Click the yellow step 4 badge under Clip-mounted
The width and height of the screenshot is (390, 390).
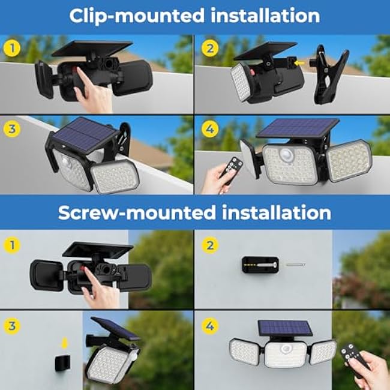click(x=209, y=128)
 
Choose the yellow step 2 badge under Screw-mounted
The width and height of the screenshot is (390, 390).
click(x=209, y=244)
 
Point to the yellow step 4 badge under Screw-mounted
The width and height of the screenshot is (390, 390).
click(x=209, y=325)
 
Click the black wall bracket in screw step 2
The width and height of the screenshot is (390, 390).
click(x=259, y=264)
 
